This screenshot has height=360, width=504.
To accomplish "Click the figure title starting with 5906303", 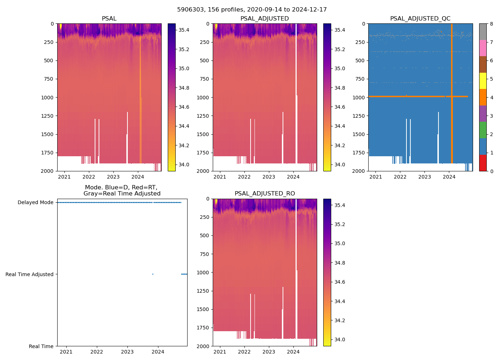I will [252, 10].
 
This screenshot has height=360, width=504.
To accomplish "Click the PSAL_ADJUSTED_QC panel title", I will [420, 19].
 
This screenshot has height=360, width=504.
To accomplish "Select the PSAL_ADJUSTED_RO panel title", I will [265, 194].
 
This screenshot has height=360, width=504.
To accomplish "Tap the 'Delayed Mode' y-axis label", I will [35, 202].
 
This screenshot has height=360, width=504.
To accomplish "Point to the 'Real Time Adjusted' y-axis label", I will [30, 274].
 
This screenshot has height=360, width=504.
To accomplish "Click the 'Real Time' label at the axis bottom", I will [41, 346].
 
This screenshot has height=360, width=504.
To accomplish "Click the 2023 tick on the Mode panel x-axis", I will [127, 352].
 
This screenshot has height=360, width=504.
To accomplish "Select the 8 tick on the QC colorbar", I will [491, 24].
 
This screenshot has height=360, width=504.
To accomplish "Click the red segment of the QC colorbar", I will [483, 163].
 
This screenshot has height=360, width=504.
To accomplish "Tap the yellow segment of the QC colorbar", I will [483, 81].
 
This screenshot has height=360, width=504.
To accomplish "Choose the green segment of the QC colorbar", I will [483, 130].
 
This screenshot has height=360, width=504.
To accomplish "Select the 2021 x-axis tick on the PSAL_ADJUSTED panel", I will [220, 177].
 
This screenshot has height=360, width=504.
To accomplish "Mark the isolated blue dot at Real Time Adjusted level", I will [153, 274].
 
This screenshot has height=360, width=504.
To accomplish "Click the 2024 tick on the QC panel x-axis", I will [449, 177].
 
